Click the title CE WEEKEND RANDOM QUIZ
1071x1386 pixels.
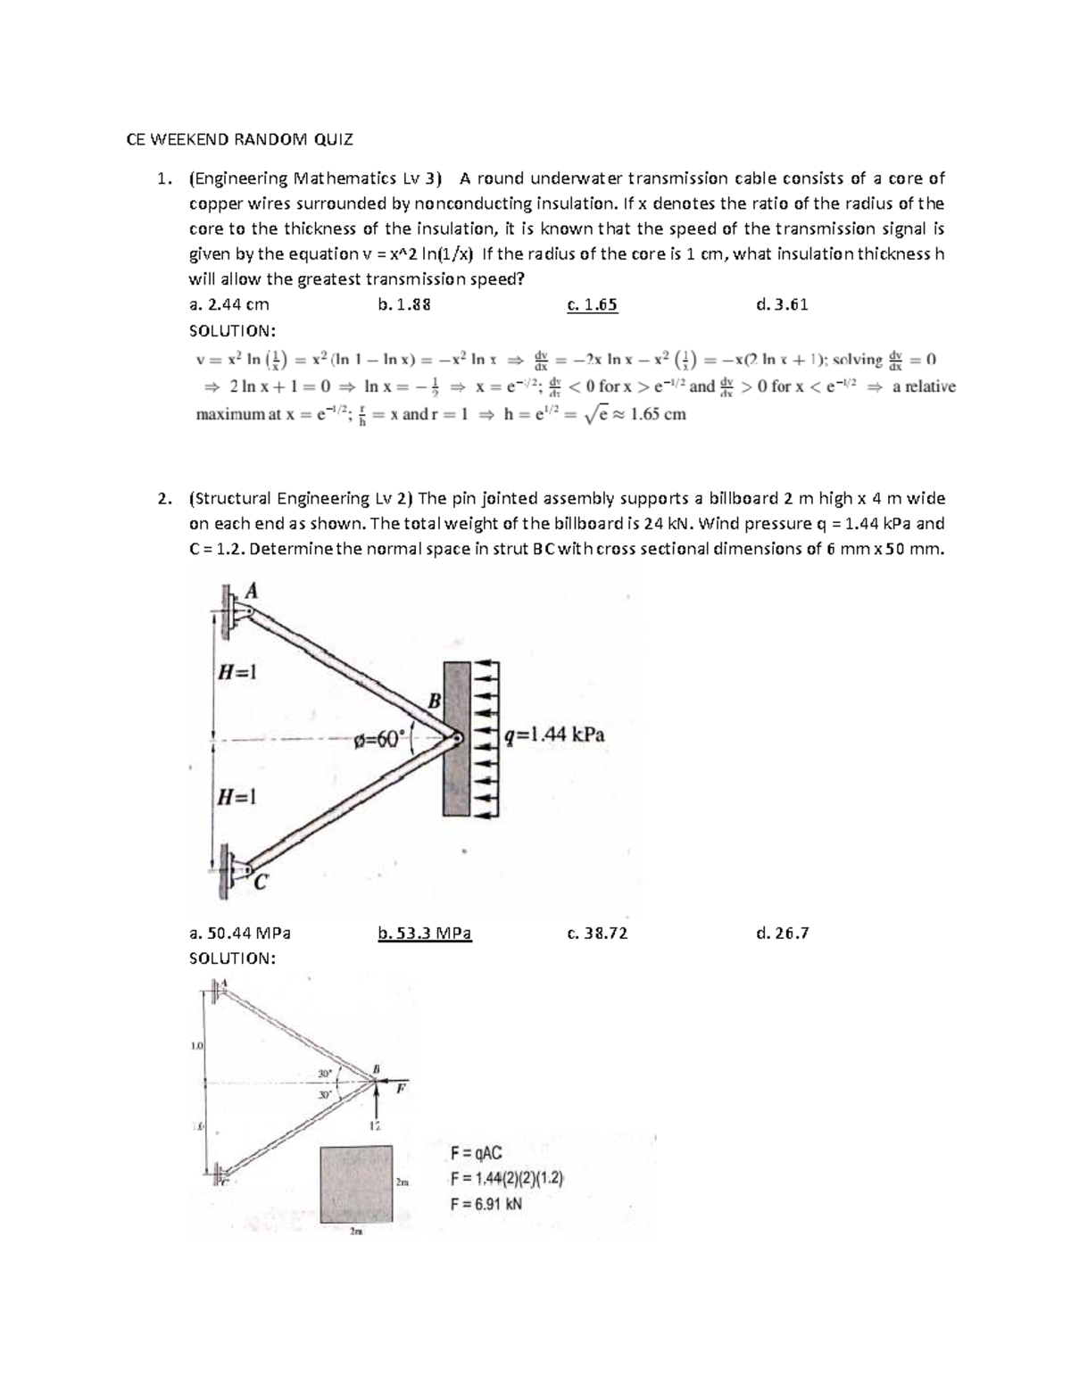(x=239, y=139)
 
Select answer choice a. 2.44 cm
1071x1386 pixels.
(x=229, y=304)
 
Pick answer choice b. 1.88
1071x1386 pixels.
(x=404, y=304)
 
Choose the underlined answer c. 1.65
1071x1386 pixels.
(x=592, y=304)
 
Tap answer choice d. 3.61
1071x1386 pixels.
(x=781, y=304)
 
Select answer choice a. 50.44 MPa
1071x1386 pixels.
(x=240, y=934)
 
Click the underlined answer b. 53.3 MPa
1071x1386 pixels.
(x=425, y=934)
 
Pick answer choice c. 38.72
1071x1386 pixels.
(x=597, y=934)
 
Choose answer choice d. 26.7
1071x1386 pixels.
(x=781, y=934)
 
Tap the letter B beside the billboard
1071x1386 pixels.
(x=434, y=701)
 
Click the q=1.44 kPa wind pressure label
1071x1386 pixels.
(x=554, y=734)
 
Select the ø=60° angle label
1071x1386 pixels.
(x=379, y=738)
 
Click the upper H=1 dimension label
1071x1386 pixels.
(x=239, y=672)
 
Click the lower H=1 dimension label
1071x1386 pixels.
(x=239, y=797)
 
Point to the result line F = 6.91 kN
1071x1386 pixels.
(x=486, y=1203)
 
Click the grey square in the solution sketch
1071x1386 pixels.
(x=356, y=1183)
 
